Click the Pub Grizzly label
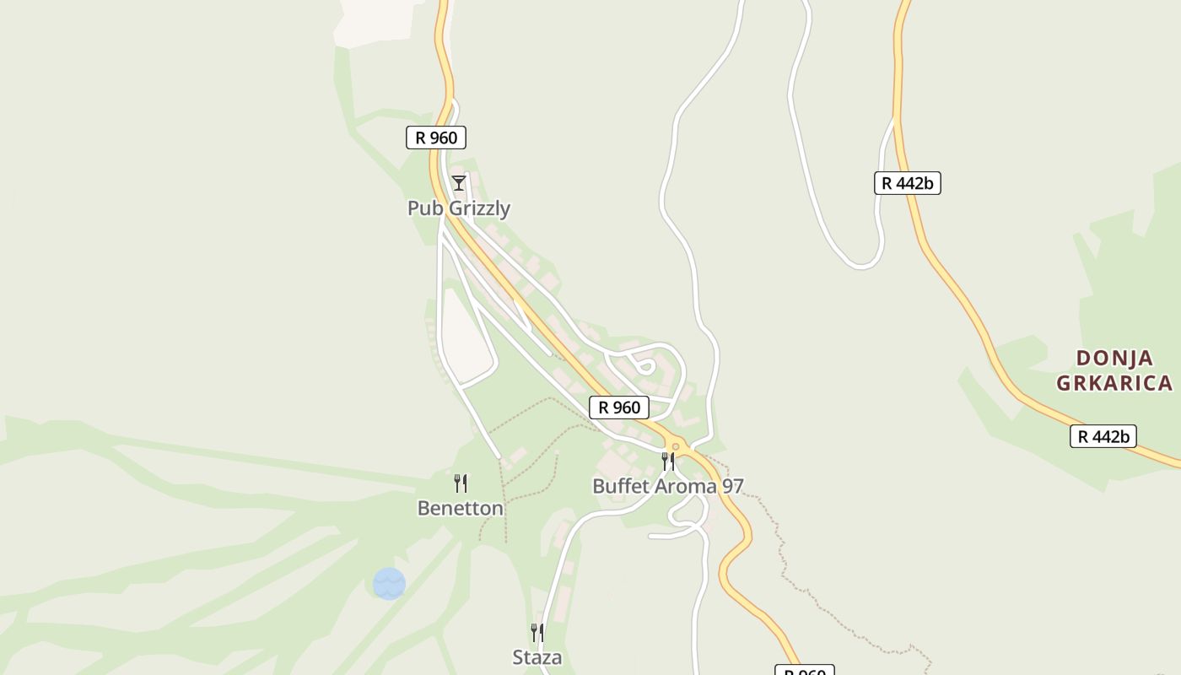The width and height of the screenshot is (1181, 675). click(x=459, y=208)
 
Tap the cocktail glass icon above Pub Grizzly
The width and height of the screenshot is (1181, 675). click(x=458, y=183)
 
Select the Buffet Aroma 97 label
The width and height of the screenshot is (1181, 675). click(x=667, y=486)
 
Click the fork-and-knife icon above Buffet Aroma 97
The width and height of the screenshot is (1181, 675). click(x=668, y=461)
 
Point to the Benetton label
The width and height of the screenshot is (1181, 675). click(x=461, y=508)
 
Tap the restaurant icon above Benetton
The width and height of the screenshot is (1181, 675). click(x=461, y=483)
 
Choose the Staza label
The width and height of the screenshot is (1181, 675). click(x=537, y=656)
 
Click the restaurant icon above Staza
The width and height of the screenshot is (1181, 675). click(x=537, y=632)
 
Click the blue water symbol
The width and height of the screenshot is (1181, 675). click(x=389, y=584)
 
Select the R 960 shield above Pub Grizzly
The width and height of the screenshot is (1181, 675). click(x=436, y=138)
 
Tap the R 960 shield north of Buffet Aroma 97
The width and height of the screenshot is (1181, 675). click(x=619, y=408)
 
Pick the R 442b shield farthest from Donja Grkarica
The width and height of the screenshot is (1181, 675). click(x=908, y=183)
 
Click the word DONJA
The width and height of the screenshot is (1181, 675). click(x=1115, y=359)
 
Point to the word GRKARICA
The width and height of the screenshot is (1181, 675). click(x=1114, y=383)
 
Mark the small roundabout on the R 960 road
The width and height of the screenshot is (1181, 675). click(x=675, y=446)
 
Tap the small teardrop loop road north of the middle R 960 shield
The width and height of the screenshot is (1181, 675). click(x=645, y=366)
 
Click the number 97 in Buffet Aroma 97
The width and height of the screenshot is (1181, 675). click(x=731, y=486)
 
